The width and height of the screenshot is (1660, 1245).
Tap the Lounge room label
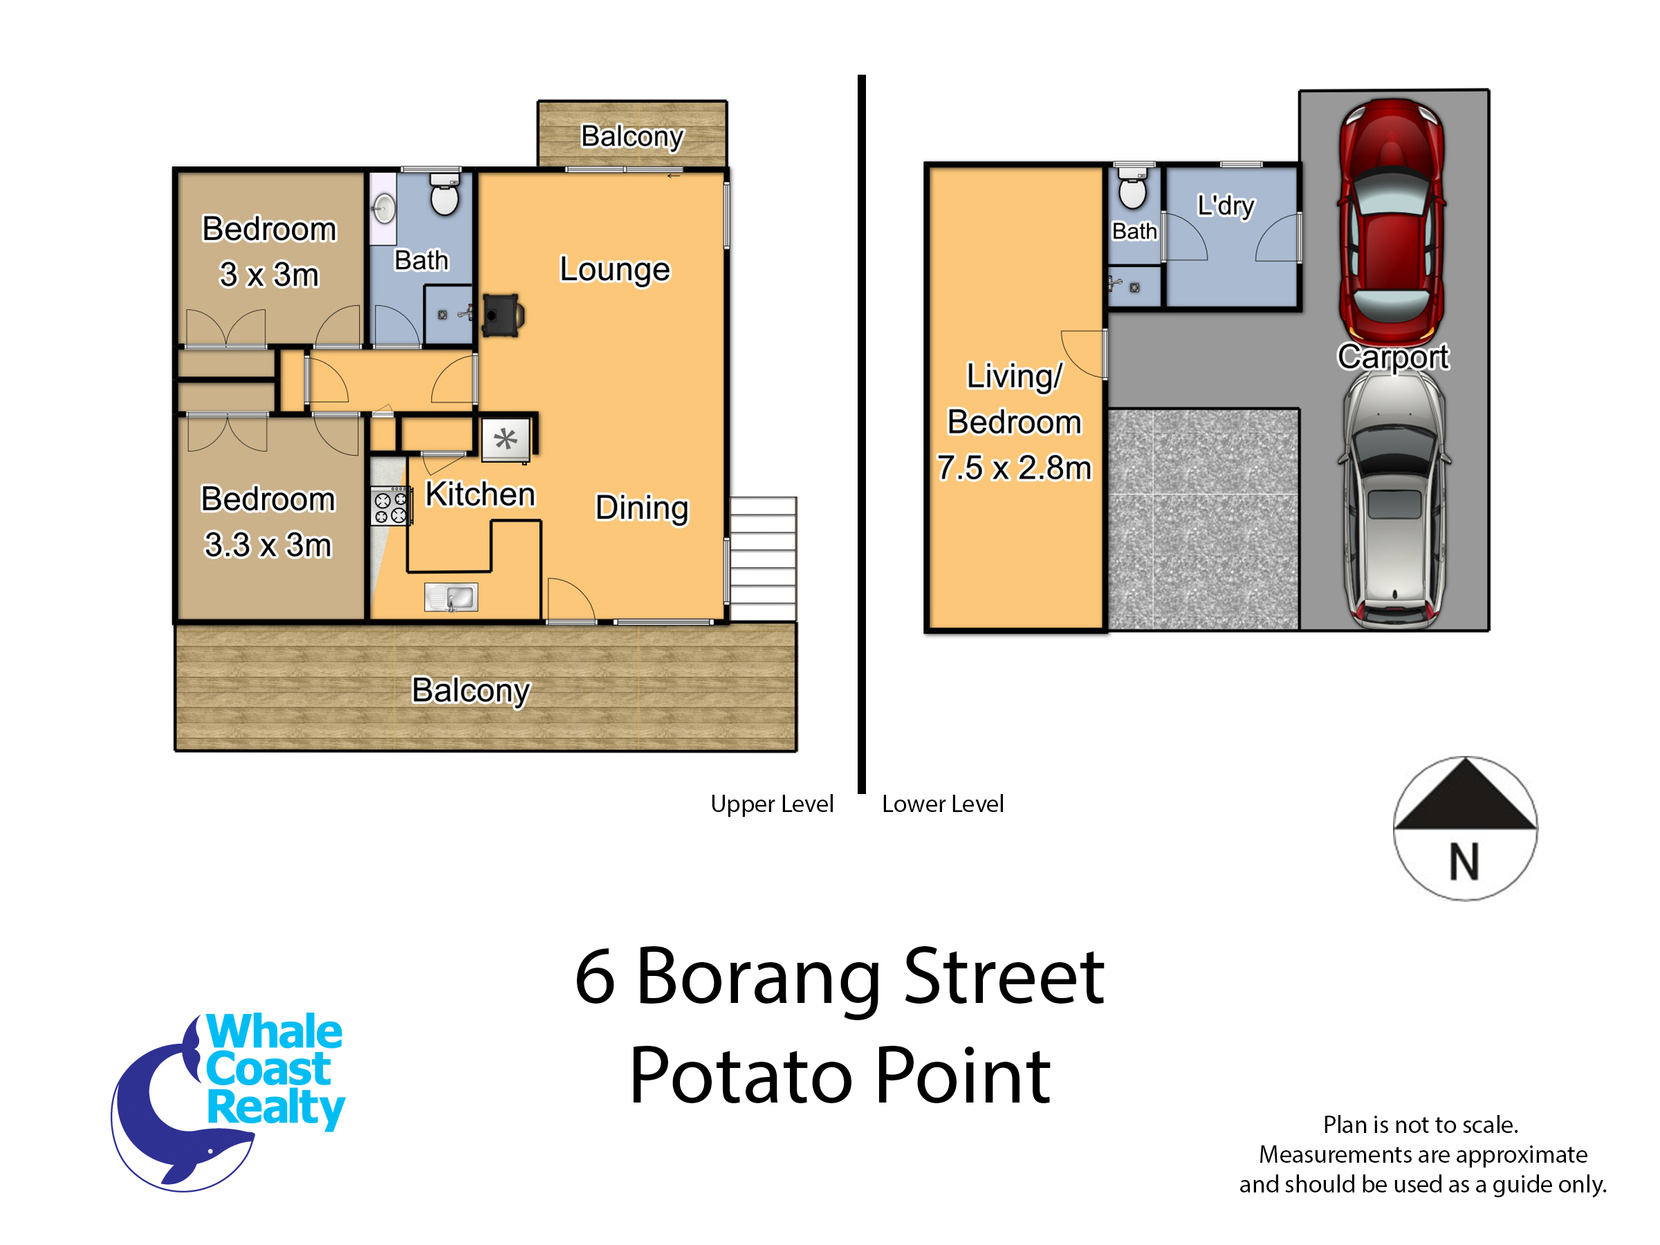pyautogui.click(x=615, y=270)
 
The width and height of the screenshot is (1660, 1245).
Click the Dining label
pyautogui.click(x=642, y=508)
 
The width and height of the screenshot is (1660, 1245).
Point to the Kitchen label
pyautogui.click(x=480, y=495)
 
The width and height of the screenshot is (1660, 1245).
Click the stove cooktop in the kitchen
pyautogui.click(x=390, y=506)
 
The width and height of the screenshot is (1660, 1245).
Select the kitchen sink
pyautogui.click(x=451, y=598)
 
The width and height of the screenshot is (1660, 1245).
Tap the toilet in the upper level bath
pyautogui.click(x=445, y=194)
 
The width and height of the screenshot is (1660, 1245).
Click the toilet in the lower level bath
pyautogui.click(x=1133, y=188)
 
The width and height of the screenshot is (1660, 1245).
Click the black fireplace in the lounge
pyautogui.click(x=503, y=315)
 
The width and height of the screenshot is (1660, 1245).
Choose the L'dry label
pyautogui.click(x=1226, y=205)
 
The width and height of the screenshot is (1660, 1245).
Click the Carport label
pyautogui.click(x=1393, y=357)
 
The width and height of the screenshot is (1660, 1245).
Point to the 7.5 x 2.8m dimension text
pyautogui.click(x=1014, y=468)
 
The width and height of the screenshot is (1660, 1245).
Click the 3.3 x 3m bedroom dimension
pyautogui.click(x=268, y=545)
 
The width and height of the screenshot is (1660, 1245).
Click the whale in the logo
pyautogui.click(x=180, y=1111)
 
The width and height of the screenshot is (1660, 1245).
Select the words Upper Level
pyautogui.click(x=771, y=804)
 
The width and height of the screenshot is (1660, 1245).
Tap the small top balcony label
pyautogui.click(x=632, y=136)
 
